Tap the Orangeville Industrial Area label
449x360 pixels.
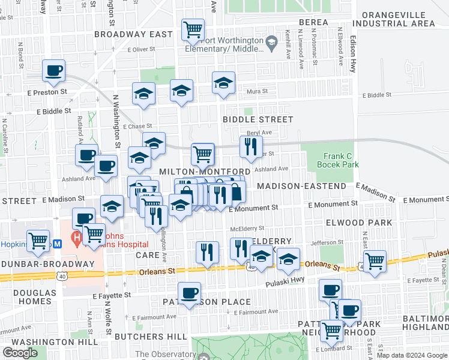pyautogui.click(x=394, y=18)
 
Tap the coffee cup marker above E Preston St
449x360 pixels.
pyautogui.click(x=53, y=70)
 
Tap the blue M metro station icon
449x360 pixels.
pyautogui.click(x=58, y=244)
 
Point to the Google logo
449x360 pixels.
pyautogui.click(x=20, y=353)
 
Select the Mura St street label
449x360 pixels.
pyautogui.click(x=258, y=92)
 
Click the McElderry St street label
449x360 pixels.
pyautogui.click(x=248, y=228)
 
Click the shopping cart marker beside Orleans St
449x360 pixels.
pyautogui.click(x=375, y=262)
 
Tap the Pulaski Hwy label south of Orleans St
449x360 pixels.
pyautogui.click(x=283, y=281)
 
